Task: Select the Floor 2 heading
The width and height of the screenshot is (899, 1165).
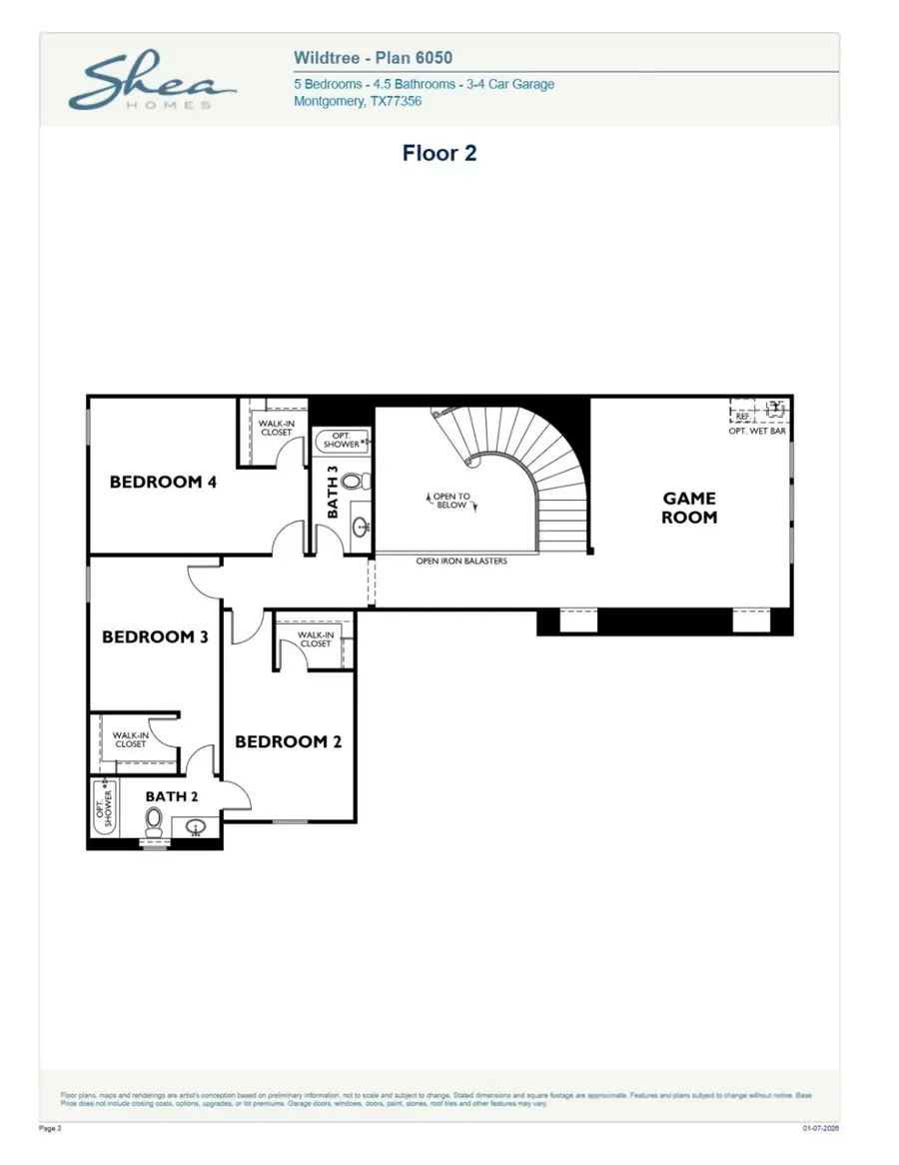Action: click(440, 153)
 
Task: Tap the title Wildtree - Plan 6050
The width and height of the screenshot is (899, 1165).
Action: click(373, 59)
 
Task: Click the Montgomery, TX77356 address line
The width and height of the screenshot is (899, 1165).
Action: click(357, 101)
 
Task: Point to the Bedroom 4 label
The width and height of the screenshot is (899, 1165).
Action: click(163, 482)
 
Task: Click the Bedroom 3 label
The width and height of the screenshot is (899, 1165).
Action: click(155, 636)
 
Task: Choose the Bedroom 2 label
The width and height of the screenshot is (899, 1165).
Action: click(288, 741)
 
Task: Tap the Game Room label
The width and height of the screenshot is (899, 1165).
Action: click(689, 508)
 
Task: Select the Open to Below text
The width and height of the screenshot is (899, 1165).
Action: click(451, 501)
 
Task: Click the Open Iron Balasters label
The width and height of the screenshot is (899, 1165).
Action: click(461, 562)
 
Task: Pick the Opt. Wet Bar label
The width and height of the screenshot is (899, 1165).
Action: click(757, 431)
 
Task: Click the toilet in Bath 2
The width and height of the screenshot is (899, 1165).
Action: click(154, 821)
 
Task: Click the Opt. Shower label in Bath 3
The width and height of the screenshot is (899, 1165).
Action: click(341, 441)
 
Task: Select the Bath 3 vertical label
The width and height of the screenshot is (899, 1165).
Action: click(333, 492)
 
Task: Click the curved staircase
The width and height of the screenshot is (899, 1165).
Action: click(539, 470)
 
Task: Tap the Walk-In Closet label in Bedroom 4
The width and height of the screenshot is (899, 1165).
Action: click(276, 428)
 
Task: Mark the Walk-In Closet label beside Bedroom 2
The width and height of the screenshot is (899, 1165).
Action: click(315, 638)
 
